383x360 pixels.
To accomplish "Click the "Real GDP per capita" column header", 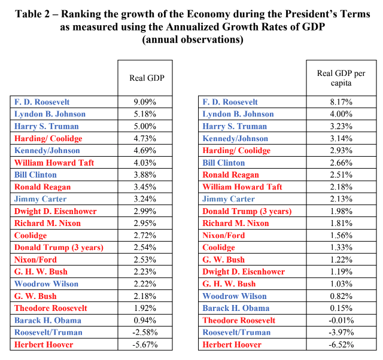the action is pos(341,78).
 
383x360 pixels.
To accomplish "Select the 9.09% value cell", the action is pos(145,102).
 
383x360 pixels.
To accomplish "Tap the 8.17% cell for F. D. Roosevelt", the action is pos(341,102).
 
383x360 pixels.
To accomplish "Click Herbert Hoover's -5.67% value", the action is pos(145,344).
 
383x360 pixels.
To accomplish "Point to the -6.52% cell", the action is pos(341,344).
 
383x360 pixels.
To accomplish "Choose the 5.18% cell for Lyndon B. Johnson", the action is pos(145,114).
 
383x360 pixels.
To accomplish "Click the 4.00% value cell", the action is pos(341,114).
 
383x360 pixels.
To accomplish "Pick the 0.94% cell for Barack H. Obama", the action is pos(145,320).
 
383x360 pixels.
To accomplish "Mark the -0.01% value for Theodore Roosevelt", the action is pos(341,320).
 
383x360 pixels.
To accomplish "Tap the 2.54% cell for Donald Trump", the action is pos(145,248).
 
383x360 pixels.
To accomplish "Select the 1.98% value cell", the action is pos(341,211).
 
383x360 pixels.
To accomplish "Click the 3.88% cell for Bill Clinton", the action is pos(145,175).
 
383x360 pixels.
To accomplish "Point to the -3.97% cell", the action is pos(341,332).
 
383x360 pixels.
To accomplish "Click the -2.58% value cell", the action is pos(145,332).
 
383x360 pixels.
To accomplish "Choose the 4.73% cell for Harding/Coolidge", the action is pos(145,138).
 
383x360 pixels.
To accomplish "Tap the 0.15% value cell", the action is pos(341,308).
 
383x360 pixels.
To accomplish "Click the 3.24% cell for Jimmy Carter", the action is pos(145,199).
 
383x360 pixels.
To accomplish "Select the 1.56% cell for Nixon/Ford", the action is pos(341,235).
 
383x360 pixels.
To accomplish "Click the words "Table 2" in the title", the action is pos(32,14).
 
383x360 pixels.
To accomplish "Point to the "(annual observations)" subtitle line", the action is pos(193,39).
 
